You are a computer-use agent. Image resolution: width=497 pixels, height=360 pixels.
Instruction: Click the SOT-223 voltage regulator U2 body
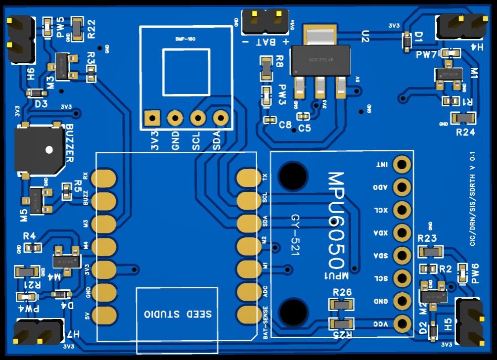[320, 59]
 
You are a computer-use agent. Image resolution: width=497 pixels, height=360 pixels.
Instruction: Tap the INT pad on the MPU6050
[403, 164]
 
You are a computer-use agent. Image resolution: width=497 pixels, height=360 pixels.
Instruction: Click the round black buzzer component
[39, 149]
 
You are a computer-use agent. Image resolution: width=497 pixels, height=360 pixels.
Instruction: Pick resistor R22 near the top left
[78, 28]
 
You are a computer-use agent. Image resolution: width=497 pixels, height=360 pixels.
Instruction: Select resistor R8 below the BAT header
[266, 68]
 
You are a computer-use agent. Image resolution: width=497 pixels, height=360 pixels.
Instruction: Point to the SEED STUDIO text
[178, 314]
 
